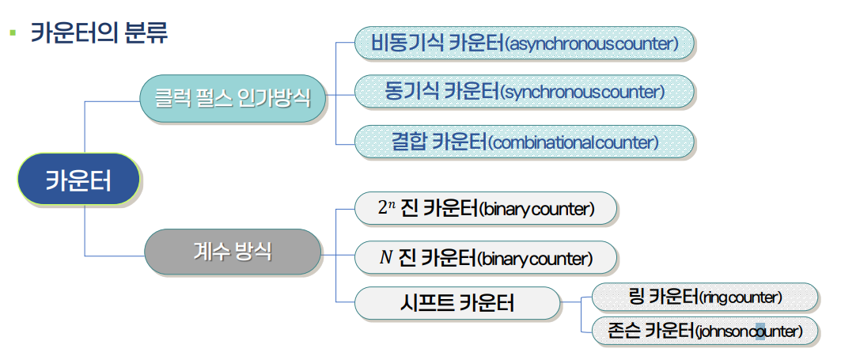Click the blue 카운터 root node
point(79,180)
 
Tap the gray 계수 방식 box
point(233,252)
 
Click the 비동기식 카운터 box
point(525,43)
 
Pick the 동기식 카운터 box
point(525,92)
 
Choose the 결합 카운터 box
point(525,142)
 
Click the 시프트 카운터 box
point(457,302)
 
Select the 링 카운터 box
point(705,297)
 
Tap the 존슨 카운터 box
point(705,331)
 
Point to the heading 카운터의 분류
point(99,33)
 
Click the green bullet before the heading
point(12,33)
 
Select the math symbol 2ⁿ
point(386,208)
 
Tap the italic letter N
point(386,257)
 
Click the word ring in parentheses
point(716,298)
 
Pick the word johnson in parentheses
point(723,332)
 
